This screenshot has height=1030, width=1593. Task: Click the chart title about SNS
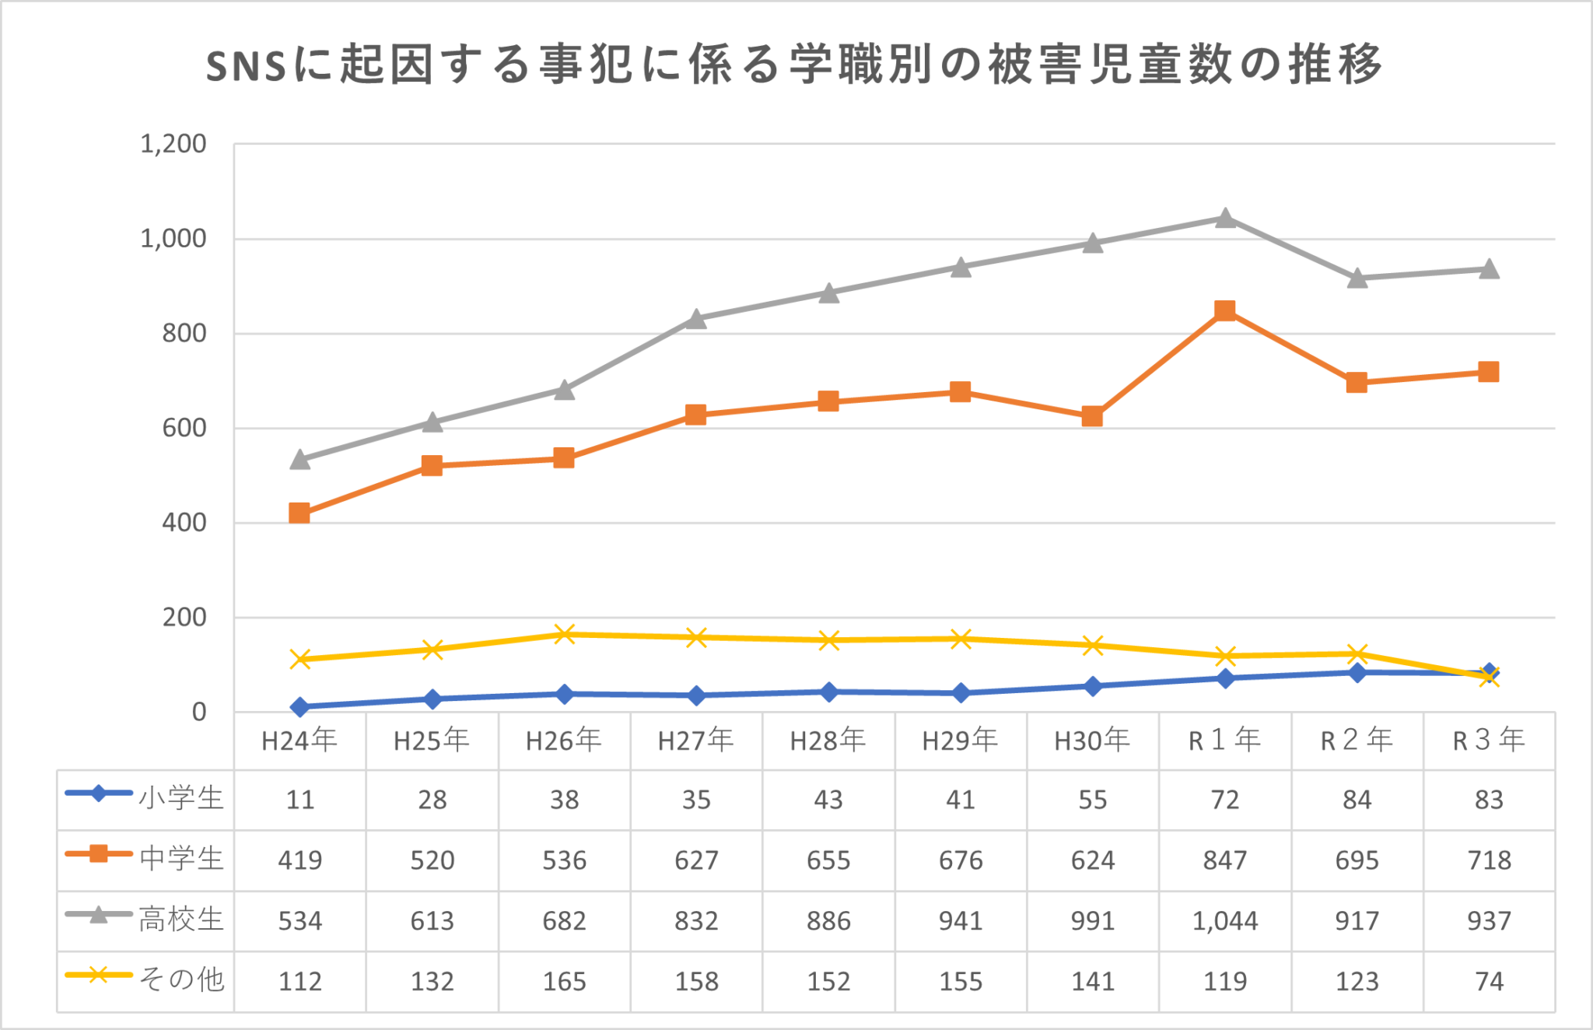[x=793, y=64]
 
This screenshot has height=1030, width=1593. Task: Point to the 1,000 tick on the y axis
[x=173, y=239]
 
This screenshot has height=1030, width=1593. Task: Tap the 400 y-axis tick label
[x=184, y=523]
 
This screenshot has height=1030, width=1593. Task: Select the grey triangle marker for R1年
[x=1225, y=219]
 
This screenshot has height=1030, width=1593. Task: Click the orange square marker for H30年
[x=1092, y=417]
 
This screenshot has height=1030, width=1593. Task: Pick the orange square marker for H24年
[x=299, y=513]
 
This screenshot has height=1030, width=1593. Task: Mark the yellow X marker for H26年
[x=564, y=634]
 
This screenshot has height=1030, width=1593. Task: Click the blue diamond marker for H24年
[x=299, y=707]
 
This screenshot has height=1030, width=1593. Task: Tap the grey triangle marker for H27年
[x=696, y=319]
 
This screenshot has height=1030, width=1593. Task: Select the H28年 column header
[x=828, y=741]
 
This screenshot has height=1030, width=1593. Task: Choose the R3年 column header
[x=1489, y=741]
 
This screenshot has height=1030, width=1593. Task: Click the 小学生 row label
[x=180, y=799]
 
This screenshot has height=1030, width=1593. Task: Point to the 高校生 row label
[x=180, y=920]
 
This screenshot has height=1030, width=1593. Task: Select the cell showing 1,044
[x=1225, y=921]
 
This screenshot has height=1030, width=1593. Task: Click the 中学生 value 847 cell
[x=1225, y=860]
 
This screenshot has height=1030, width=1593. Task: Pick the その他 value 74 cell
[x=1489, y=982]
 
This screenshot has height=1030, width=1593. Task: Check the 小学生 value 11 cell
[x=299, y=800]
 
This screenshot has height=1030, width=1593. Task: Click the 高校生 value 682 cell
[x=564, y=921]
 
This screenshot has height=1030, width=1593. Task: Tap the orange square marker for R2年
[x=1357, y=383]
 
